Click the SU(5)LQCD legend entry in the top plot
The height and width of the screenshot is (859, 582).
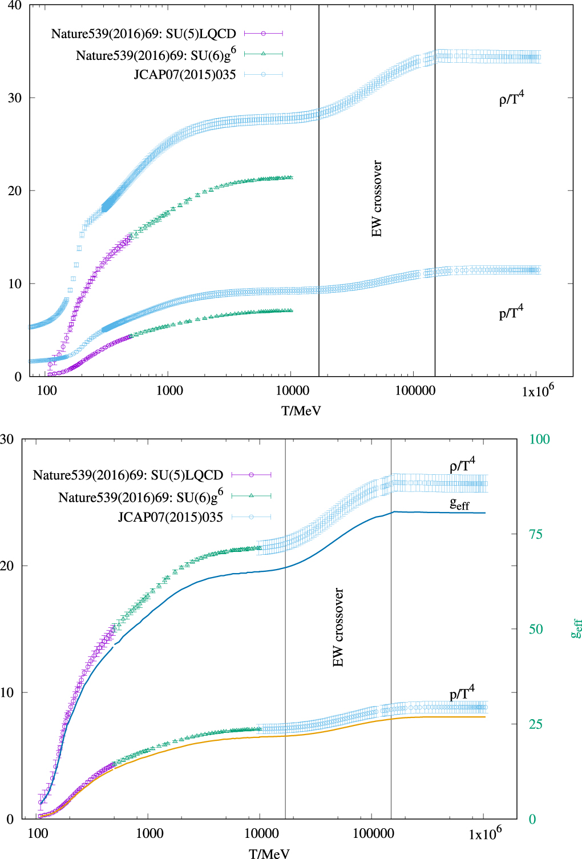144,34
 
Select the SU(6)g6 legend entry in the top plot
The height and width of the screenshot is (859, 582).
156,55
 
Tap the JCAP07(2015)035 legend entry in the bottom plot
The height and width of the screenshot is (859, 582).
170,518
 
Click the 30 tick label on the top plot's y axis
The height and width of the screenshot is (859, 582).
14,98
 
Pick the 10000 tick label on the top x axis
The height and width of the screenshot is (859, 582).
292,391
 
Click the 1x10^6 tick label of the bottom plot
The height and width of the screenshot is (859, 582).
485,834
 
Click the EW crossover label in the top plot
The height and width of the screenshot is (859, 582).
377,199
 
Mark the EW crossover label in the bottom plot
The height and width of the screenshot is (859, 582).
338,627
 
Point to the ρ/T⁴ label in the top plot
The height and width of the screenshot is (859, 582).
511,99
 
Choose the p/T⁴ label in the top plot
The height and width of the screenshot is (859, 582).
511,313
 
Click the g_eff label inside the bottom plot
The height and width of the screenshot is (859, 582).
459,504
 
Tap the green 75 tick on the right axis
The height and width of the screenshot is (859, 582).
535,535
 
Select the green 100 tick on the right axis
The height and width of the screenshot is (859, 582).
539,439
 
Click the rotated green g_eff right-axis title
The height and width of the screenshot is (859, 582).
576,628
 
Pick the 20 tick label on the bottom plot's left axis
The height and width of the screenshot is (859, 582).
7,566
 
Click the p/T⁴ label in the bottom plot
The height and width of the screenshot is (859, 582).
462,693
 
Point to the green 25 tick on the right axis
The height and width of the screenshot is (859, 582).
535,725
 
